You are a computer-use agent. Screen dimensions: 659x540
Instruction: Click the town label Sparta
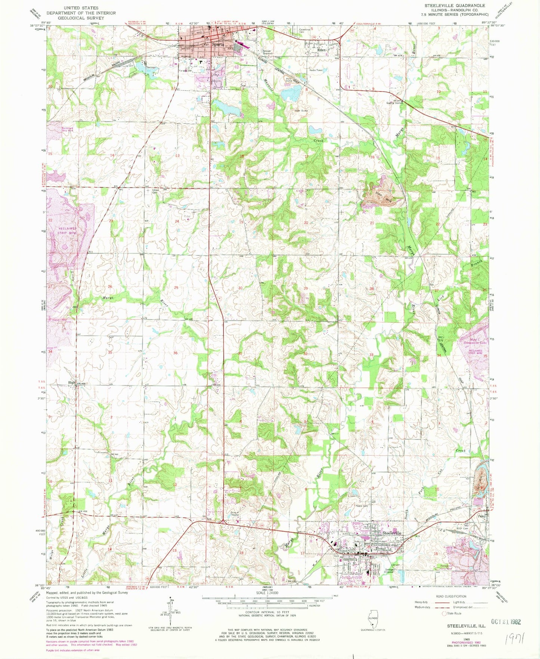point(218,44)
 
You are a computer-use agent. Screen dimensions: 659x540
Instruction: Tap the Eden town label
point(321,50)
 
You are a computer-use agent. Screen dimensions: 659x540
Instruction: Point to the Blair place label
point(72,383)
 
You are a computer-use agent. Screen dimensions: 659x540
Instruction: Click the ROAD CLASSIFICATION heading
point(451,596)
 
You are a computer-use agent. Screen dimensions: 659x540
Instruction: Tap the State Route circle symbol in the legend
point(444,613)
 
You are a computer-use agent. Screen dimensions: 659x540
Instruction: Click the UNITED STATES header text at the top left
point(81,7)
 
